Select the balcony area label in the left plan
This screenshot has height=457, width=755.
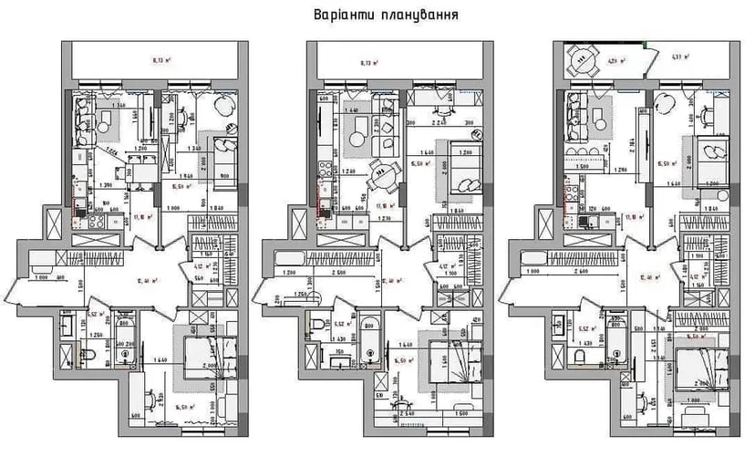157,63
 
